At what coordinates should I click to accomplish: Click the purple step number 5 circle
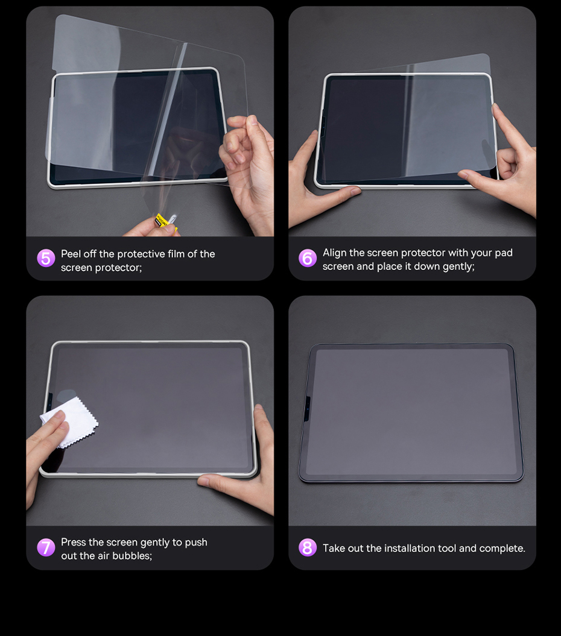click(46, 258)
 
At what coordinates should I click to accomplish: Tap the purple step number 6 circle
click(307, 258)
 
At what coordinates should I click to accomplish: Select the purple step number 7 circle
click(46, 547)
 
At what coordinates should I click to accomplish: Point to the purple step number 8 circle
click(307, 547)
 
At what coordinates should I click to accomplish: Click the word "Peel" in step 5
click(71, 254)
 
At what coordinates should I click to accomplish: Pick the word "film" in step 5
click(176, 254)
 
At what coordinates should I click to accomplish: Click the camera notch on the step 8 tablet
click(307, 408)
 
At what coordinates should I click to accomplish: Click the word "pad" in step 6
click(503, 253)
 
